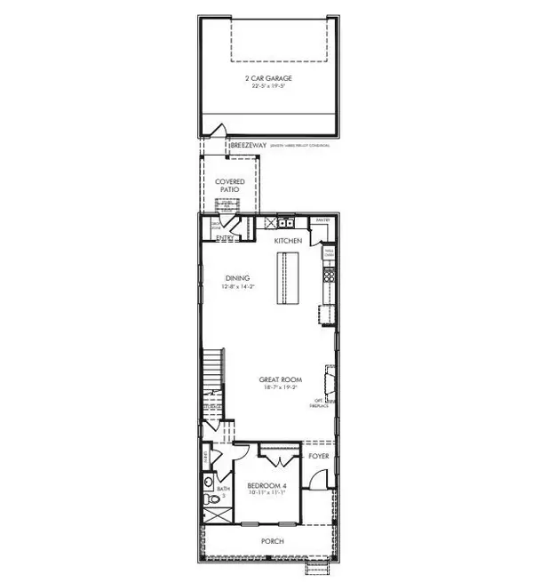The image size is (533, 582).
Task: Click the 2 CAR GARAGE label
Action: coord(268,78)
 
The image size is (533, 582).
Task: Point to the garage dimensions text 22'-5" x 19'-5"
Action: coord(268,88)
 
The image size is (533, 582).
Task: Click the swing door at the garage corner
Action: coord(212,132)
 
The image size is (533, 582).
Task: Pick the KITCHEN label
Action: coord(288,242)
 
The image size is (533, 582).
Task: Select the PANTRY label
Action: coord(322,219)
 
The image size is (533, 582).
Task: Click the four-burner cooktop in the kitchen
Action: coord(330,275)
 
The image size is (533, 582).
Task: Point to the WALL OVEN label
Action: coord(327,253)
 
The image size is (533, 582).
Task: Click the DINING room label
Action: coord(237,278)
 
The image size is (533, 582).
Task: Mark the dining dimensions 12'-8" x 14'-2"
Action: coord(237,287)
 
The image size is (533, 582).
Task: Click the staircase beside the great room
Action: coord(211,378)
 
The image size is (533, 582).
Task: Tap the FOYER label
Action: coord(318,457)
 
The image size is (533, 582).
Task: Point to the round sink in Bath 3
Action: coord(208,484)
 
